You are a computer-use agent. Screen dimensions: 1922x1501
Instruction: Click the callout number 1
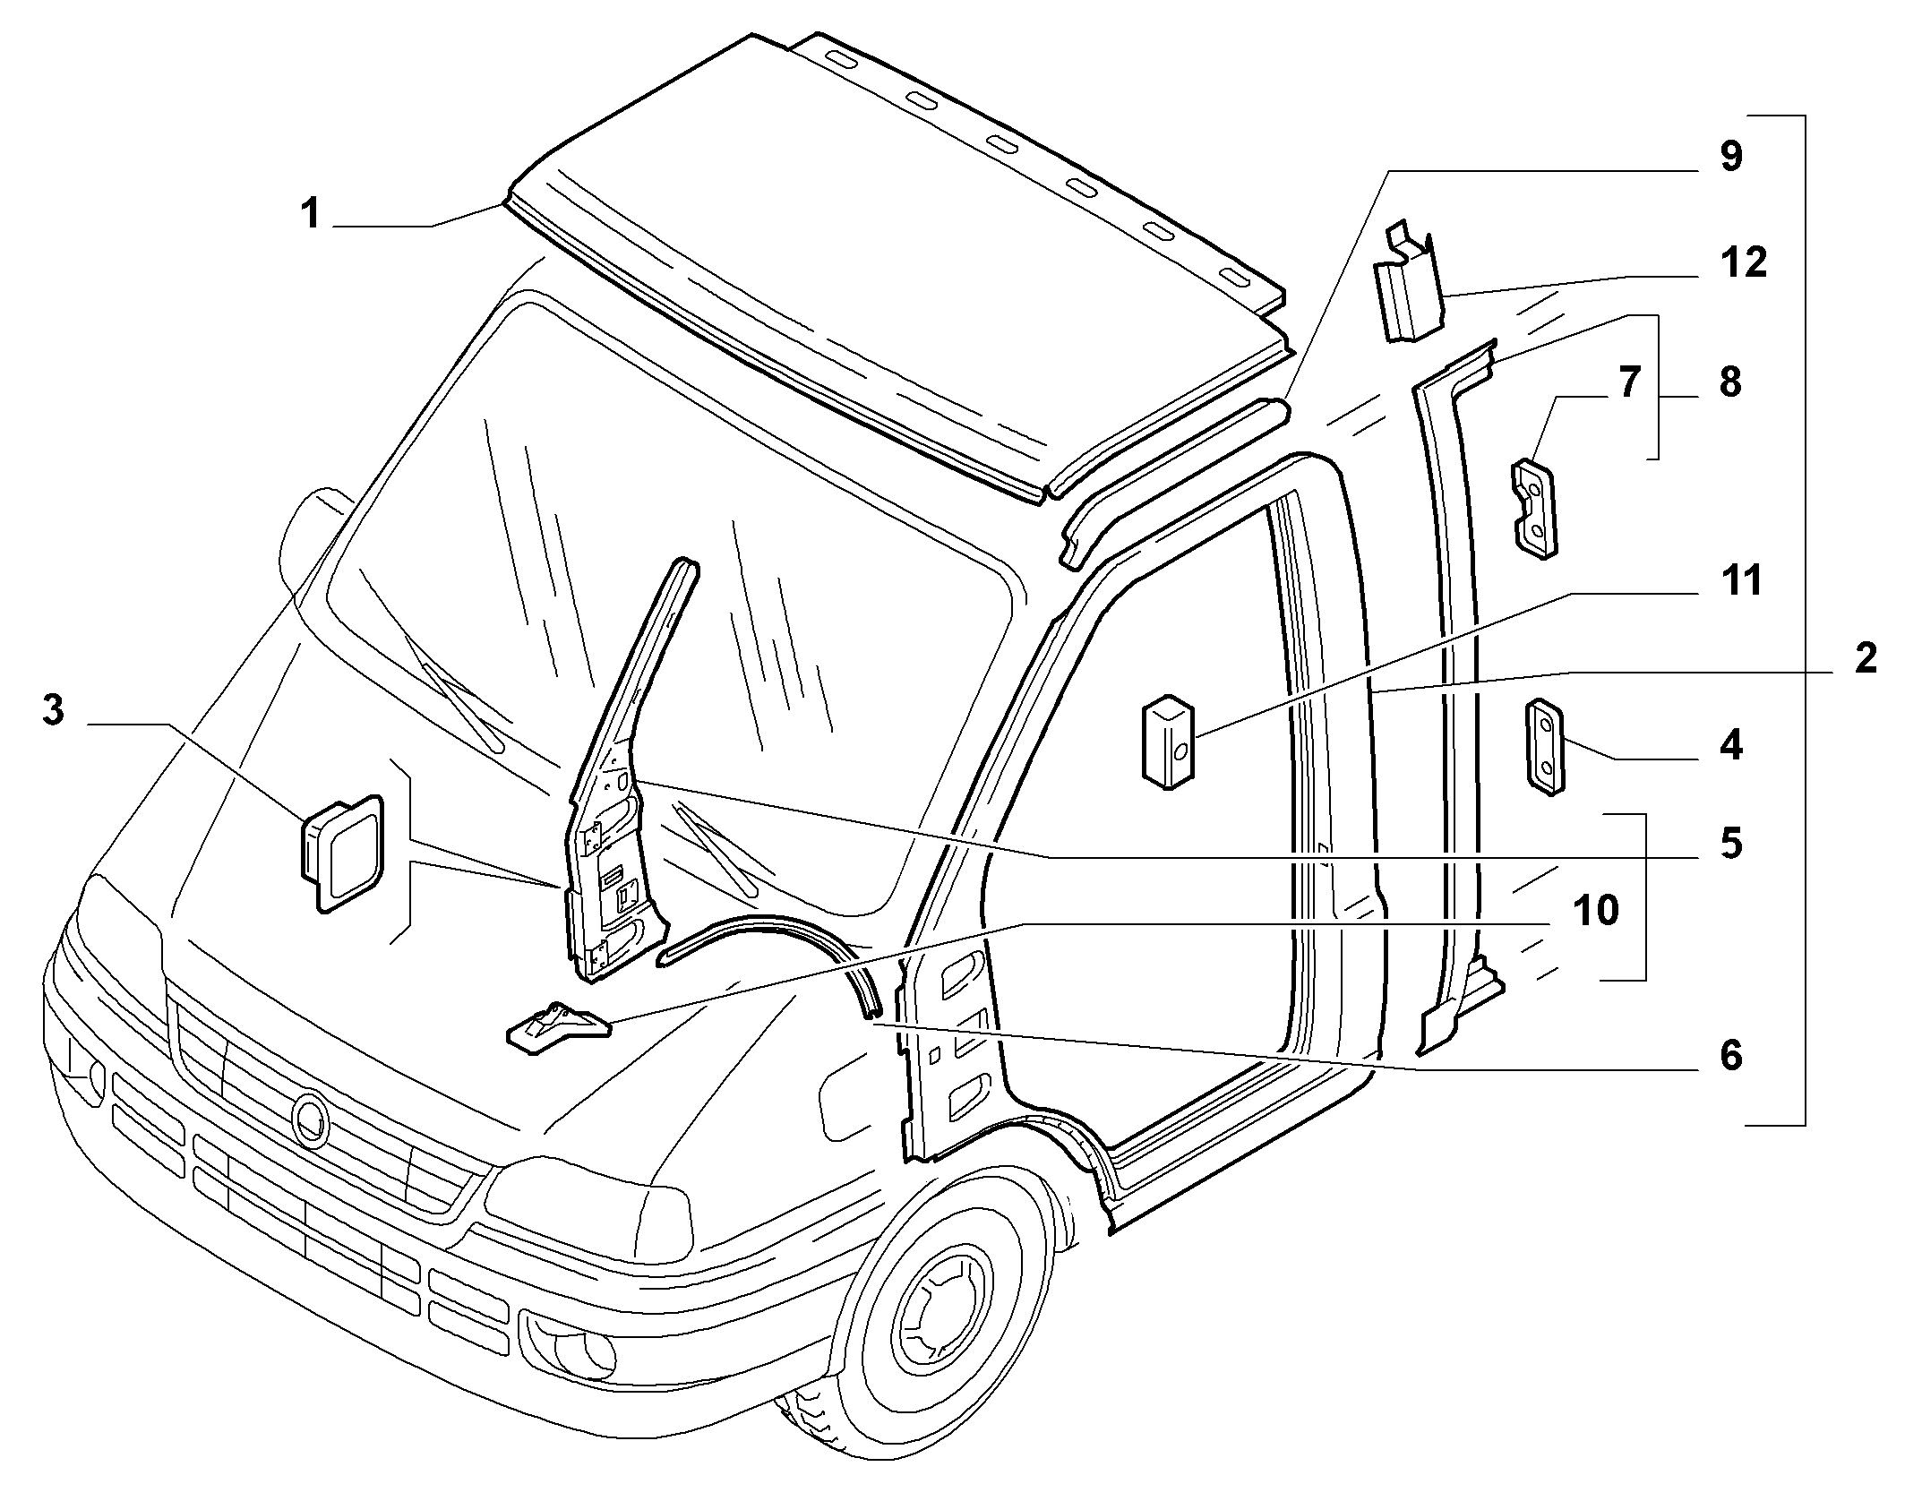click(x=310, y=215)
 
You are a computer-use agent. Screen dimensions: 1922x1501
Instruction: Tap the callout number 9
click(x=1730, y=157)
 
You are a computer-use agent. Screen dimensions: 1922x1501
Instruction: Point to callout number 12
click(x=1743, y=262)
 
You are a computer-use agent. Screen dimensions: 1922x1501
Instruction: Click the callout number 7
click(x=1628, y=383)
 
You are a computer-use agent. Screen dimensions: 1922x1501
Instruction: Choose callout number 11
click(x=1741, y=580)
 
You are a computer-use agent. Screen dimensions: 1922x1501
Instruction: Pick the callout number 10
click(x=1596, y=910)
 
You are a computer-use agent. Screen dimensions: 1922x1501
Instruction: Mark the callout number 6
click(x=1730, y=1056)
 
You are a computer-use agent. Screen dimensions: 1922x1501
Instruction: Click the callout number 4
click(x=1731, y=745)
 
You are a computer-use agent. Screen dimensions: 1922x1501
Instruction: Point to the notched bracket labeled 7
click(x=1535, y=509)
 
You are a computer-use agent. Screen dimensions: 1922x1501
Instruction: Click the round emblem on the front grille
click(x=312, y=1120)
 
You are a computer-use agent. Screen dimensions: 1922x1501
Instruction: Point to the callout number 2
click(x=1866, y=659)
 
